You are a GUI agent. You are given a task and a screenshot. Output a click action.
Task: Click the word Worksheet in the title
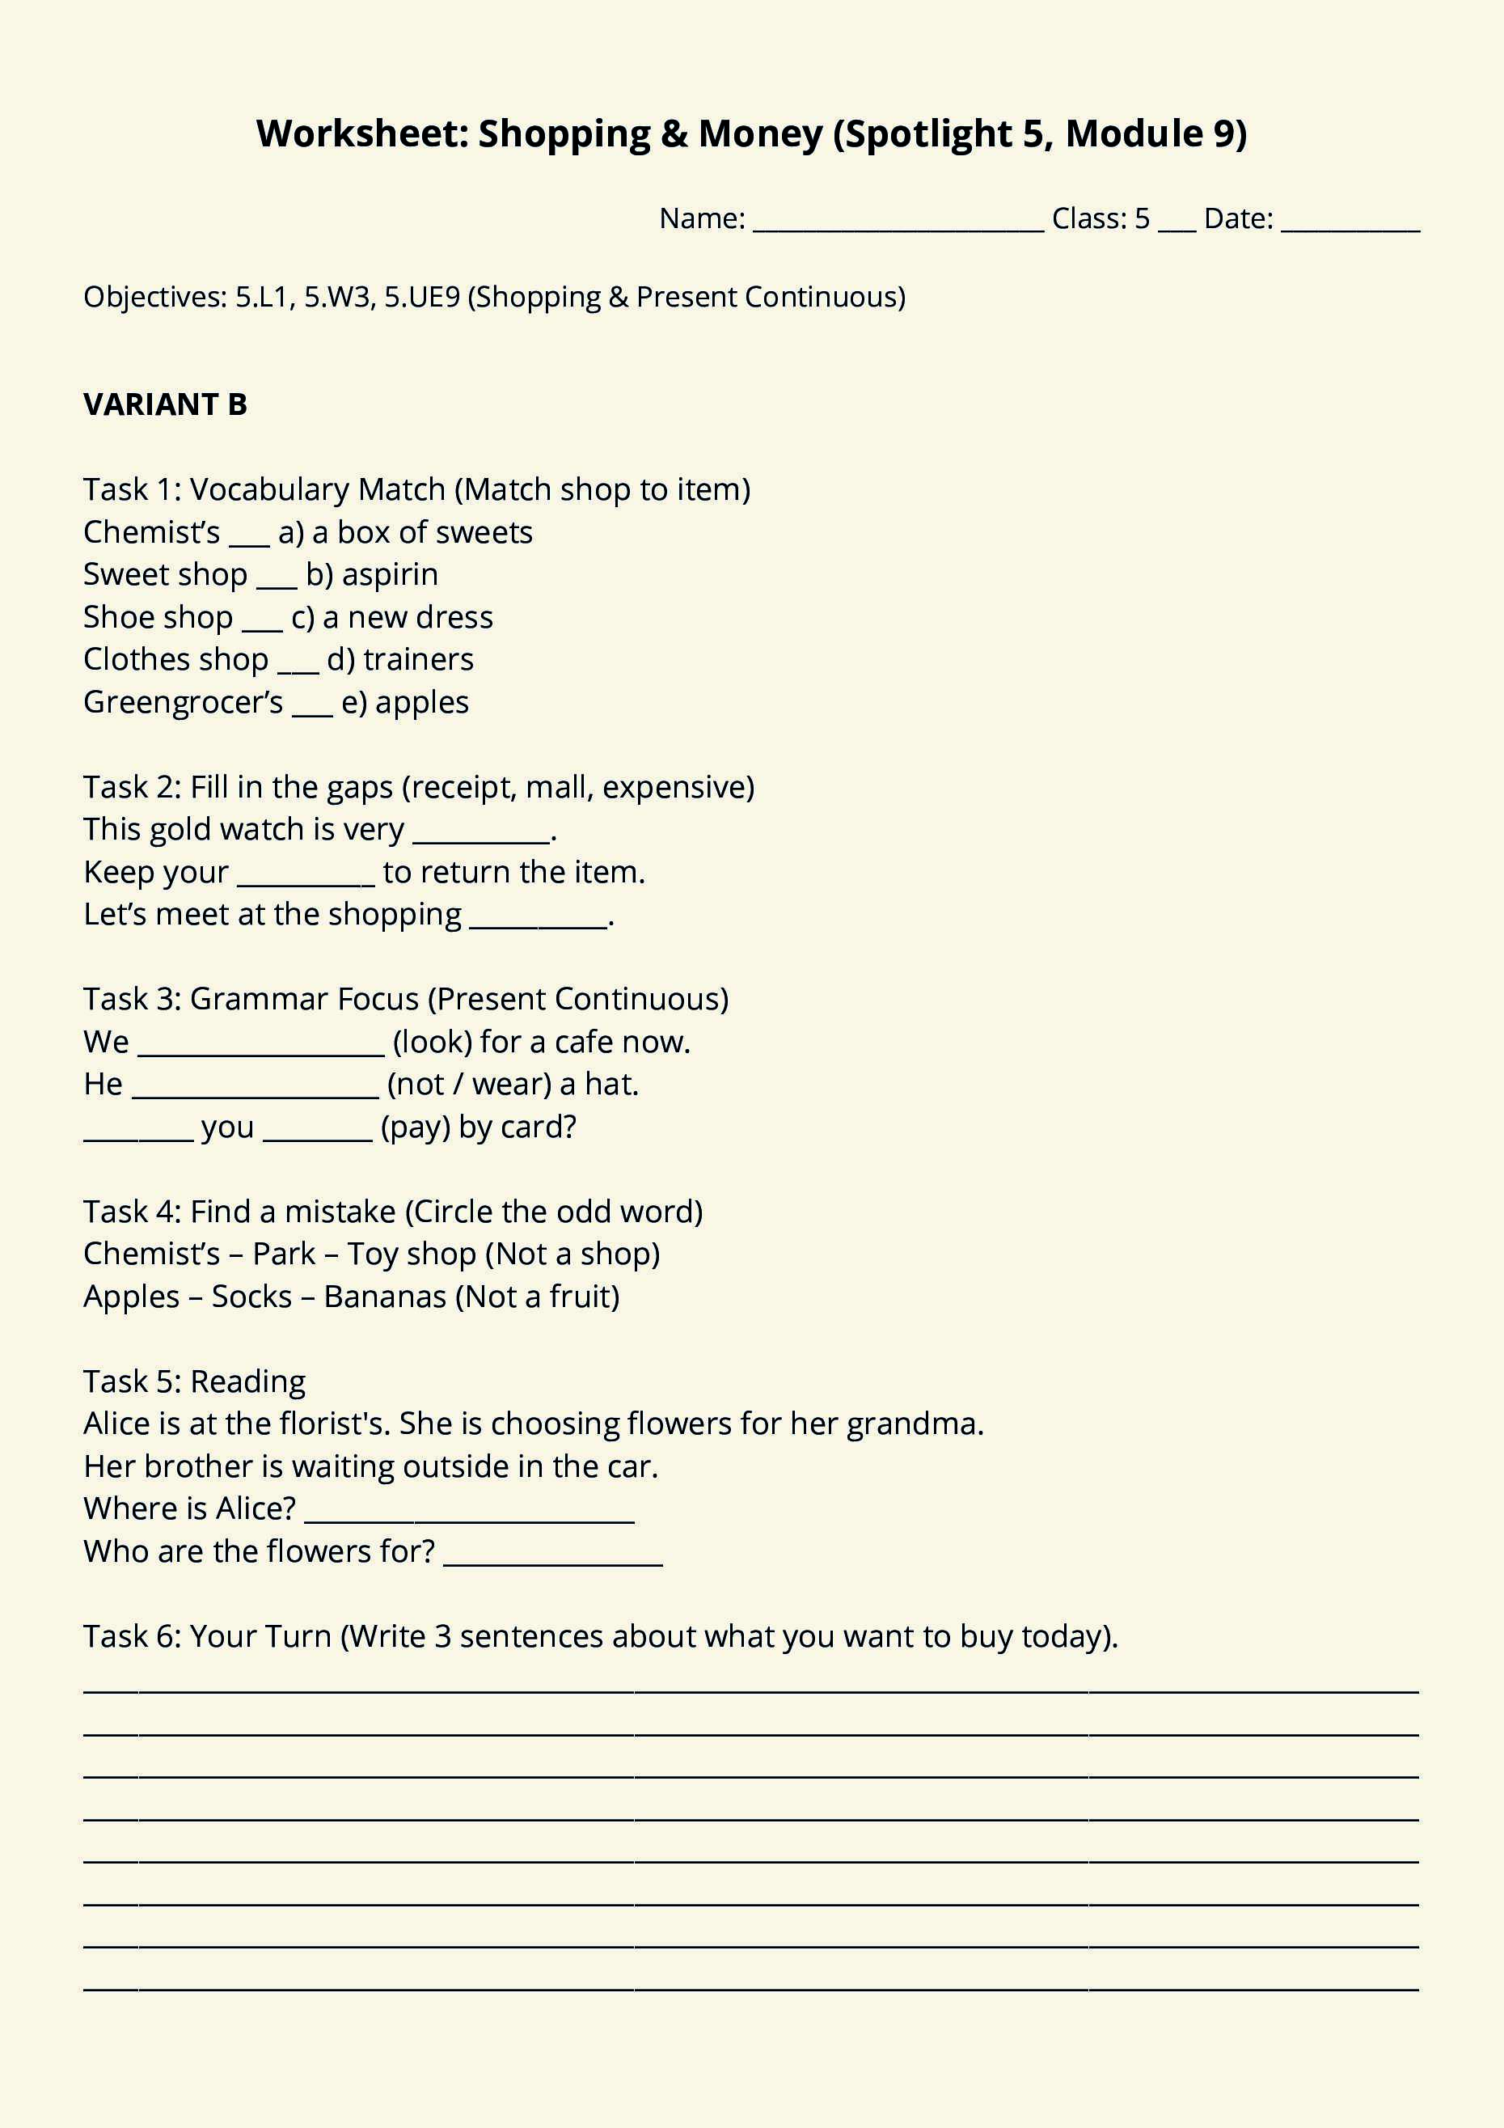click(362, 133)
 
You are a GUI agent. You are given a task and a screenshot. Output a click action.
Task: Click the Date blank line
click(1350, 222)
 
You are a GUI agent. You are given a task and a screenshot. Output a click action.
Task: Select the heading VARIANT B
click(165, 404)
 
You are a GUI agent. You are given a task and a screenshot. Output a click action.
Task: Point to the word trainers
click(418, 660)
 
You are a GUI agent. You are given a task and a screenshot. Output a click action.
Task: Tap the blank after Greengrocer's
click(312, 706)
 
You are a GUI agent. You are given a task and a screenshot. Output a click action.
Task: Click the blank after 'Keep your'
click(306, 877)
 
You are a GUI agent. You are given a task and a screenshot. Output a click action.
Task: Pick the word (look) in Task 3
click(432, 1042)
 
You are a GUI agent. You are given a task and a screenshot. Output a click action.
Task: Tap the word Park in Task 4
click(284, 1254)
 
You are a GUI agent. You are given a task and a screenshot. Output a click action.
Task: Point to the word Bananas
click(385, 1297)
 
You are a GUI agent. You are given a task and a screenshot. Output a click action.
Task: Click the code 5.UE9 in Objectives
click(421, 297)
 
